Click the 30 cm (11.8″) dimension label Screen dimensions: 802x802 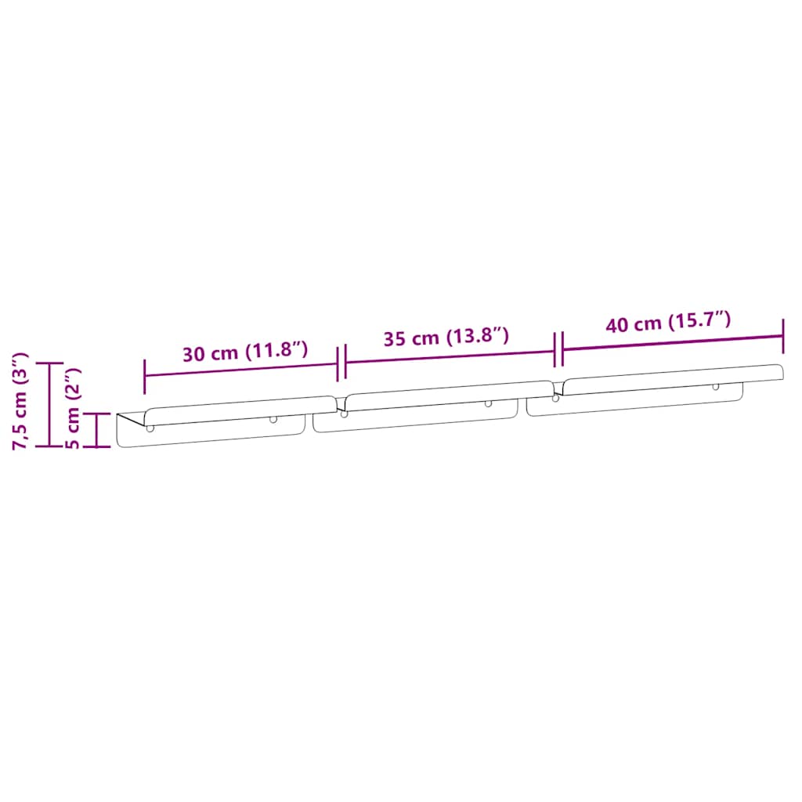[245, 352]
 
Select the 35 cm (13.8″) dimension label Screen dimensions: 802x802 [446, 338]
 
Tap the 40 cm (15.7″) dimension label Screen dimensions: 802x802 [668, 322]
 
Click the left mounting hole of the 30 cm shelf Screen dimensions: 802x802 [150, 428]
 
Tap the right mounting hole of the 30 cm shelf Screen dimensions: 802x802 [273, 419]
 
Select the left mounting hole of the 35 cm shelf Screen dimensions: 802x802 [344, 413]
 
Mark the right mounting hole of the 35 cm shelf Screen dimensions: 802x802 [488, 403]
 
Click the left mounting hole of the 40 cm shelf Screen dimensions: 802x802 [556, 398]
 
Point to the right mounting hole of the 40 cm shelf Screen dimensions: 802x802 [715, 387]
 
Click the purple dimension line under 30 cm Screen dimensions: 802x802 [241, 368]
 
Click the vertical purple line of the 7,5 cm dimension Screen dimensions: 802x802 [50, 404]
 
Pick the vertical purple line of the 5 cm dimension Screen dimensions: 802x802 [97, 430]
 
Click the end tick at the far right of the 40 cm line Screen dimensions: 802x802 [783, 335]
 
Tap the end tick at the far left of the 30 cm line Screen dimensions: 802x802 [145, 376]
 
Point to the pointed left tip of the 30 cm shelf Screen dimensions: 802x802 [118, 414]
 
